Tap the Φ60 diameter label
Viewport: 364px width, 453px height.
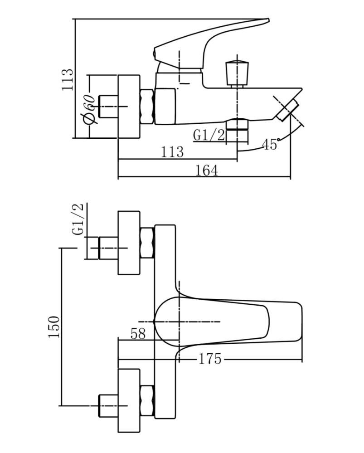(89, 110)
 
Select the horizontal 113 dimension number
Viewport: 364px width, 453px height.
(172, 151)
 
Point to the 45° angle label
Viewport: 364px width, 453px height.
(271, 144)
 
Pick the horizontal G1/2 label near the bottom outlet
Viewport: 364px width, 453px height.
(209, 135)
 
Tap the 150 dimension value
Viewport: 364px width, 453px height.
(54, 327)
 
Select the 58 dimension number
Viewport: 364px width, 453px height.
(138, 334)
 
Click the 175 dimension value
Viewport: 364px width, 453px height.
(210, 359)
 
